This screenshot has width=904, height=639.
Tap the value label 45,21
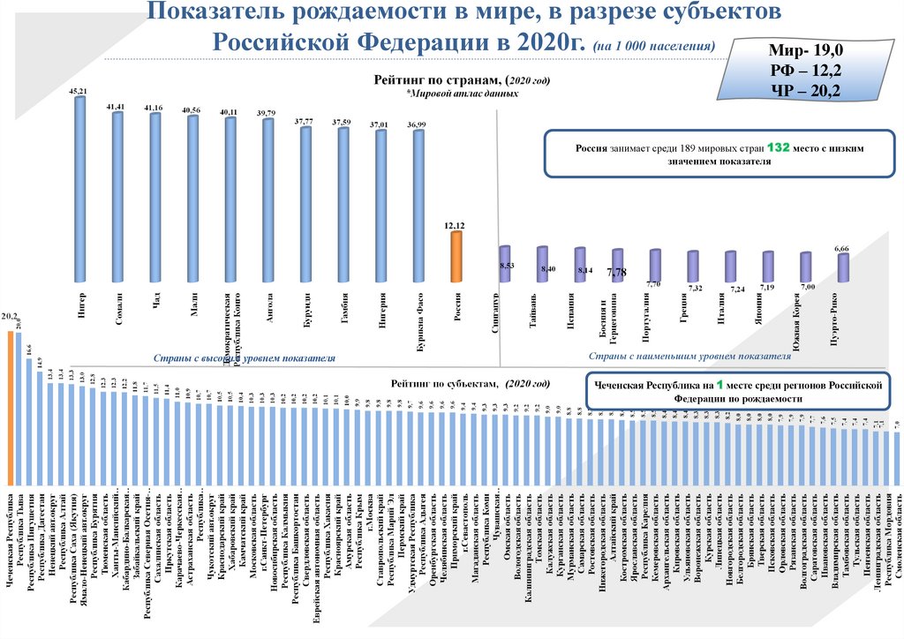tap(78, 91)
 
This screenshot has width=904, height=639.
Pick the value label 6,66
tap(842, 250)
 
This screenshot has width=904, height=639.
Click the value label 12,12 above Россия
tap(456, 226)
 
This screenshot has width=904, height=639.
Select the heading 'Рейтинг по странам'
tap(437, 80)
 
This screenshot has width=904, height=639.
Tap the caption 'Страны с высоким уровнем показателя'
tap(245, 359)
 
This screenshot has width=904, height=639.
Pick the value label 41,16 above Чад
tap(154, 108)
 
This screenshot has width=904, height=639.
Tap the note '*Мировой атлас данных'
tap(462, 93)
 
